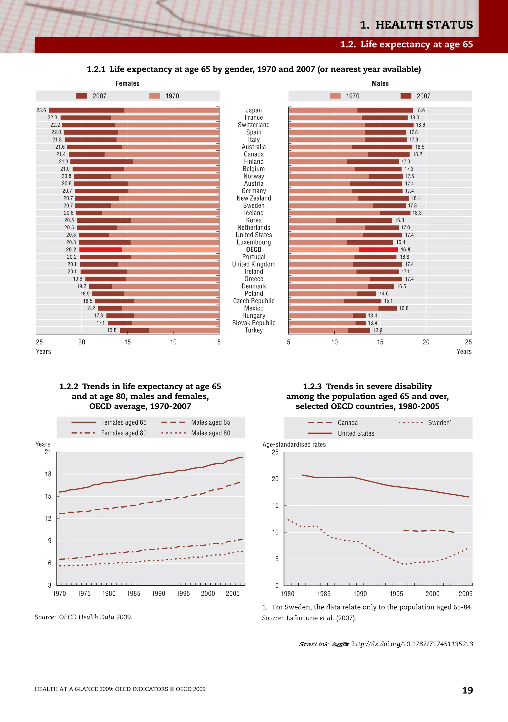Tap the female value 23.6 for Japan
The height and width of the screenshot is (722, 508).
click(41, 110)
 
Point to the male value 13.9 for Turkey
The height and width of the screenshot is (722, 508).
click(378, 330)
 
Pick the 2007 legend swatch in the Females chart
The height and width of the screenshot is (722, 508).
click(82, 96)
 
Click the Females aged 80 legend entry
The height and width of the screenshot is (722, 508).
click(124, 433)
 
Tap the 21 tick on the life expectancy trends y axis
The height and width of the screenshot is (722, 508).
click(48, 452)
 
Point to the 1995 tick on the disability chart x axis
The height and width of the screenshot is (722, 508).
click(396, 594)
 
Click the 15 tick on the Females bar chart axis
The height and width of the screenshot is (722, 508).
click(127, 342)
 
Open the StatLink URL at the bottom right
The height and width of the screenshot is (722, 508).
click(412, 644)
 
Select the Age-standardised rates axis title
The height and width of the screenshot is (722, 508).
click(294, 444)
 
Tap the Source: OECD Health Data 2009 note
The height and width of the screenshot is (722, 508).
click(83, 617)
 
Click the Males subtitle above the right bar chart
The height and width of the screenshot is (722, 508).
click(380, 83)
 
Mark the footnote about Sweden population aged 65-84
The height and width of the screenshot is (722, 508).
click(367, 607)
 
